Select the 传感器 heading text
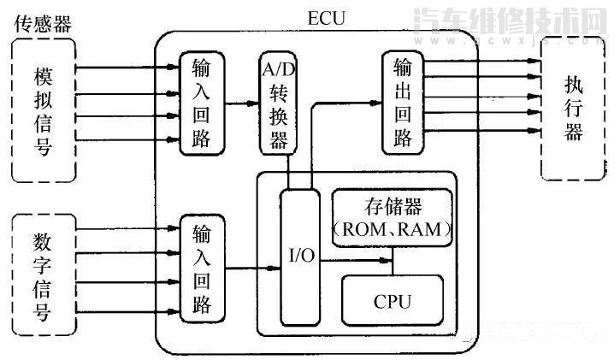[42, 23]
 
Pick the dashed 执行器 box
[574, 109]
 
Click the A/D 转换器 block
[278, 103]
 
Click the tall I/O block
[299, 256]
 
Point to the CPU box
[393, 301]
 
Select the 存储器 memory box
[392, 218]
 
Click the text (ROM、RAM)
[392, 230]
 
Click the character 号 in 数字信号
[43, 311]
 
